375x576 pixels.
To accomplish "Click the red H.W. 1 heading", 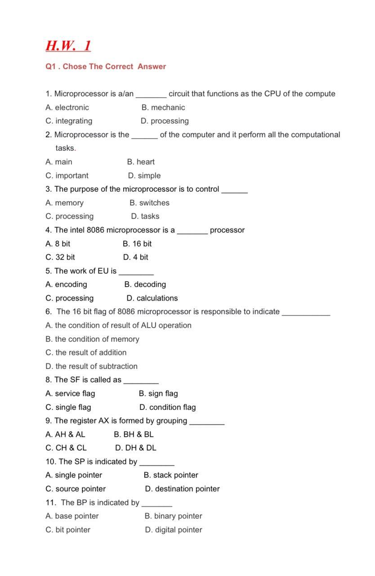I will [68, 46].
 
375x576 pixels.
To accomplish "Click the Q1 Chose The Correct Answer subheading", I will [106, 67].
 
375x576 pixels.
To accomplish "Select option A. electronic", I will [67, 108].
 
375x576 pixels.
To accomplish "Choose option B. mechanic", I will [163, 108].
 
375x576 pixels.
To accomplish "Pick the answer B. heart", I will [141, 162].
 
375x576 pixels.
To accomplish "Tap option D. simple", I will [144, 175].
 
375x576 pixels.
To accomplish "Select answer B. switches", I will [149, 203].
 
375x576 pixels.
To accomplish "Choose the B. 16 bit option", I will [137, 244].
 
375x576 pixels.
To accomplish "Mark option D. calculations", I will [152, 298].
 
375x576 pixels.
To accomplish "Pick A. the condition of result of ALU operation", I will [119, 325].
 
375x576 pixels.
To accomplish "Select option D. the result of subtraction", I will [92, 366].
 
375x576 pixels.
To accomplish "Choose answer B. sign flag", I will [158, 394].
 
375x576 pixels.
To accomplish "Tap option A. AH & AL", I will [65, 435].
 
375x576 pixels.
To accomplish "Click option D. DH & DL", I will [136, 448].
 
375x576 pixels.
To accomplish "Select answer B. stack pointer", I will [171, 475].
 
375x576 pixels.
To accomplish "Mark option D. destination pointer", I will [182, 489].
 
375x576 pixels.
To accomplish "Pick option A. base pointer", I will [72, 516].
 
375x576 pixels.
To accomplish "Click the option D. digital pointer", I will [173, 530].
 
